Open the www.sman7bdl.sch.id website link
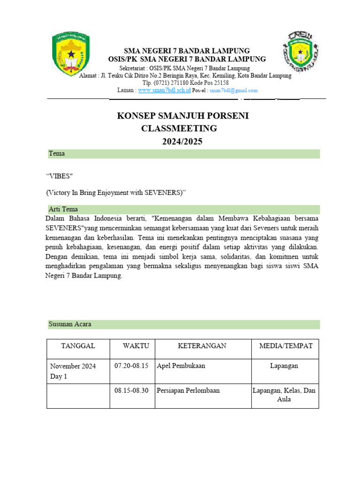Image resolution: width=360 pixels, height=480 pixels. click(x=164, y=90)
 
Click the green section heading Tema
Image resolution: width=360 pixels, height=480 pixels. click(x=57, y=154)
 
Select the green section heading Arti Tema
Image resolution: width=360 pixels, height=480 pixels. click(x=63, y=209)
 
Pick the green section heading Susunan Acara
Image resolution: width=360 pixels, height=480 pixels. click(x=70, y=324)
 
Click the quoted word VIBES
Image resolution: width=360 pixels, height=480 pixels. click(x=60, y=176)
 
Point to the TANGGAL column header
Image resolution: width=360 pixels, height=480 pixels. click(x=78, y=346)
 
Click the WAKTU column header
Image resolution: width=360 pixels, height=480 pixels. click(x=136, y=346)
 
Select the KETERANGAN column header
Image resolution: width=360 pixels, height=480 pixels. click(x=202, y=346)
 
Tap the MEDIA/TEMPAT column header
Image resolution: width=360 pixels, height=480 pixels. click(x=285, y=346)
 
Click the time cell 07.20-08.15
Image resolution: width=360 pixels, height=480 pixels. click(x=131, y=366)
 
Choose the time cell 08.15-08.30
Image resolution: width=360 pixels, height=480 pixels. click(x=131, y=390)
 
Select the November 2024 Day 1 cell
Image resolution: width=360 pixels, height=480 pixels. click(x=73, y=371)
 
